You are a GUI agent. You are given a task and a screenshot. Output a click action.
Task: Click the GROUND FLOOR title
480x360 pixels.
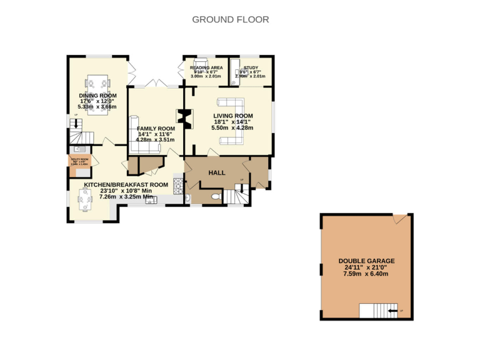(231, 19)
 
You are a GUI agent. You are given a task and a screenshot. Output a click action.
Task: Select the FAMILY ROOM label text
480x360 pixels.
(156, 128)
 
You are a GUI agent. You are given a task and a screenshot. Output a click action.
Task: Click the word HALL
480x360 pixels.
(216, 172)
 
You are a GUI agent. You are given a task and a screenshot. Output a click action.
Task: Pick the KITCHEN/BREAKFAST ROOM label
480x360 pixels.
(126, 185)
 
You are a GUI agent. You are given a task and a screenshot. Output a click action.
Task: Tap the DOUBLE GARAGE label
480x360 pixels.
(366, 261)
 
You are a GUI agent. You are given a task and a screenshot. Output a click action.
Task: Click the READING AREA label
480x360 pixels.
(206, 67)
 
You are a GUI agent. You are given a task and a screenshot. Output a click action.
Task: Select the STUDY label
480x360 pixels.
(251, 67)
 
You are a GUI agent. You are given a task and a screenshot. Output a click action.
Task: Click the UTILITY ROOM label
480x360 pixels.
(80, 160)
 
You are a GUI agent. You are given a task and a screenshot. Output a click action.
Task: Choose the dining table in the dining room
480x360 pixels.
(98, 82)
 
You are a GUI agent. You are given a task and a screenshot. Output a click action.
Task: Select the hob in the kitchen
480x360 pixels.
(177, 184)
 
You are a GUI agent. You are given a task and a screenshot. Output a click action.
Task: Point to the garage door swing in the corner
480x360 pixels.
(399, 219)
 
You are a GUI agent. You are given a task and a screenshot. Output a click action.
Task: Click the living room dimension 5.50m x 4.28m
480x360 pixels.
(232, 127)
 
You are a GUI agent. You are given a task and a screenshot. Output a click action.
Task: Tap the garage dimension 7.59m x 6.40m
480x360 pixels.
(366, 274)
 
